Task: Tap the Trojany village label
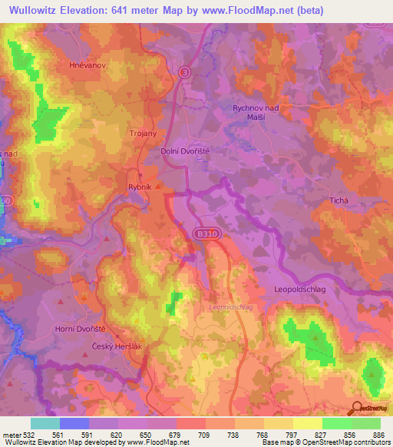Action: [144, 134]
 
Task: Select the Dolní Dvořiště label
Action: [185, 152]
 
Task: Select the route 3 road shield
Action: [184, 71]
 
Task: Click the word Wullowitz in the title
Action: [39, 11]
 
